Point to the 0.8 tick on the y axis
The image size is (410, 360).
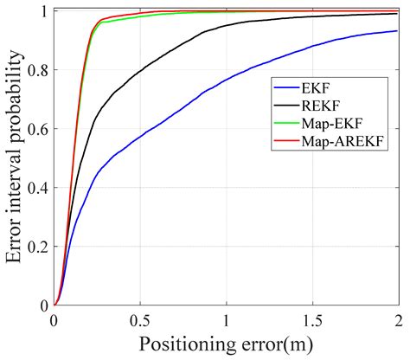click(x=40, y=70)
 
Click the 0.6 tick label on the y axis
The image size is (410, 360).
click(x=40, y=129)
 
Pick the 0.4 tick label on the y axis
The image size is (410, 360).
click(x=40, y=188)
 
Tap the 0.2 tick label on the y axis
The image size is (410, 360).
click(x=40, y=247)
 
